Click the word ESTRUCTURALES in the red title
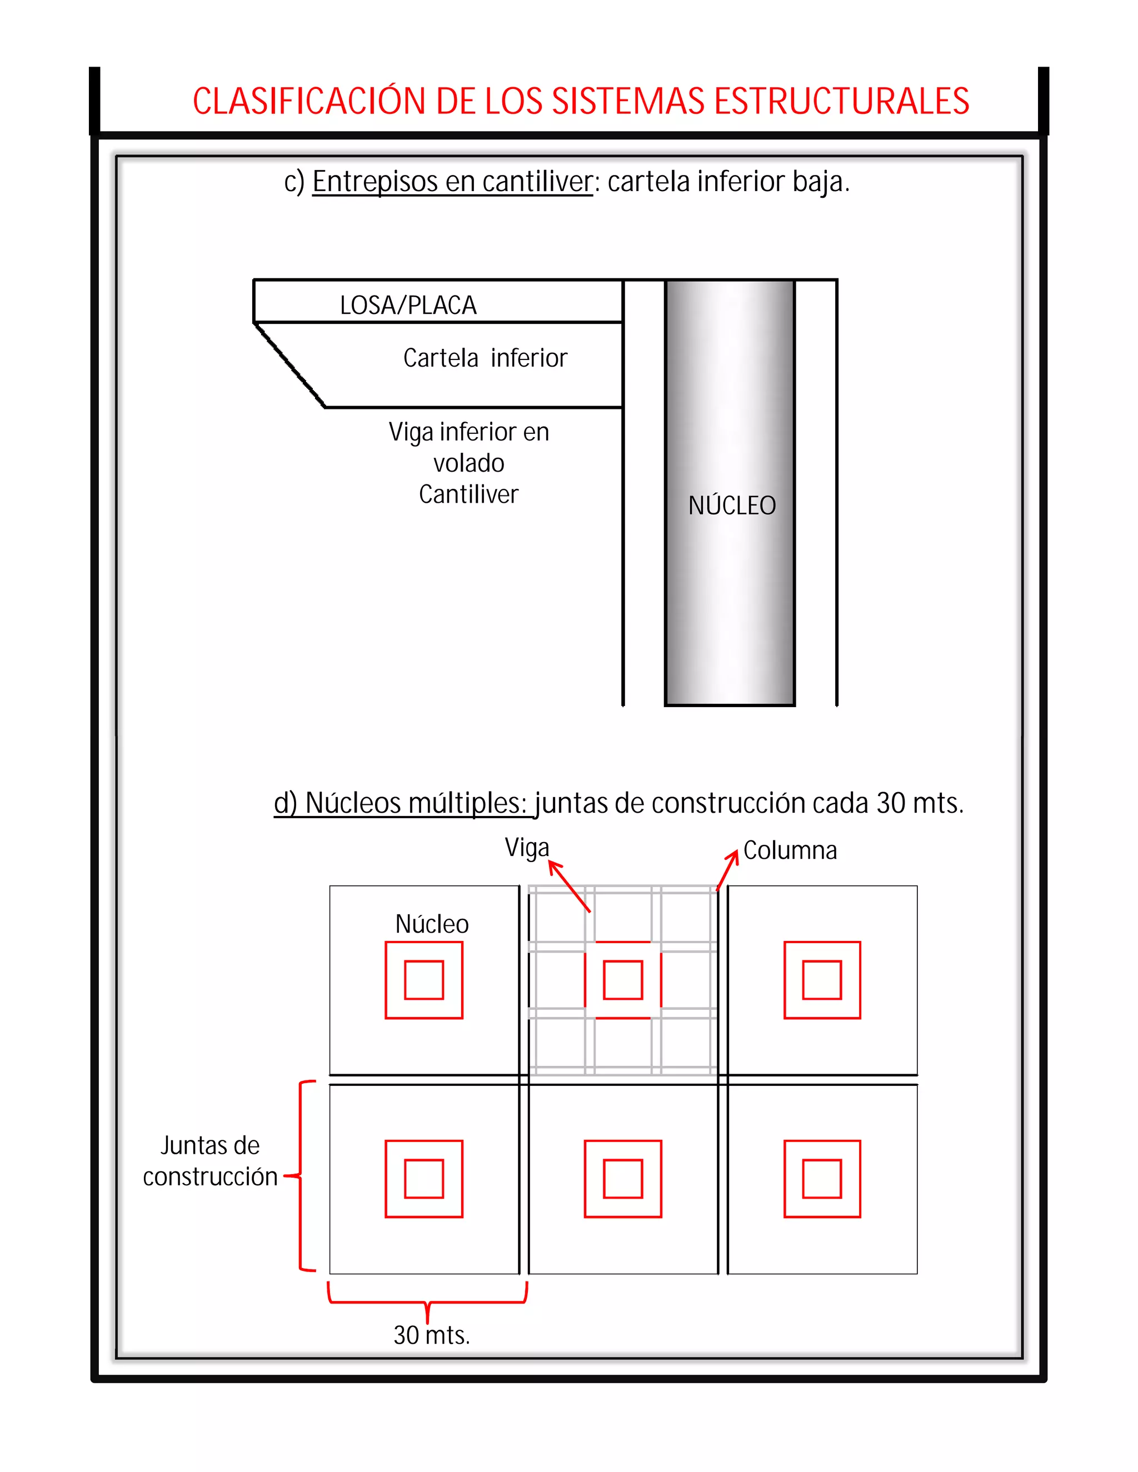(841, 102)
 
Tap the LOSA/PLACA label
(408, 306)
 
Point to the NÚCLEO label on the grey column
(731, 505)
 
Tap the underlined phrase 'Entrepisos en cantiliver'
(452, 182)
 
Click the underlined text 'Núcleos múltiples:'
(400, 803)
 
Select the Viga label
(527, 848)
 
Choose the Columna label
(790, 850)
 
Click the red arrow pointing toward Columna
(727, 869)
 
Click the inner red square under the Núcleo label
(423, 980)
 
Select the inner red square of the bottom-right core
(822, 1179)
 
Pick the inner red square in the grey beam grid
(622, 980)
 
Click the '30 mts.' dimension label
(431, 1335)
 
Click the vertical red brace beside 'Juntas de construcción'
(301, 1176)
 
